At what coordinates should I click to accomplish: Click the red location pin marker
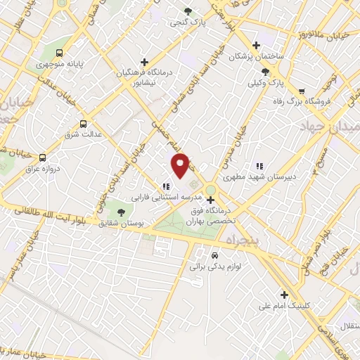(x=181, y=165)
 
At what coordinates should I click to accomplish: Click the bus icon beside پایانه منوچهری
(x=60, y=52)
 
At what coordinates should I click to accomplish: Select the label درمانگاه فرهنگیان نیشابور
(x=145, y=76)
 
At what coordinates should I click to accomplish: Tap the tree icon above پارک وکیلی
(x=265, y=71)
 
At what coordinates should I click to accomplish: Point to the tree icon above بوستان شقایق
(x=121, y=212)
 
